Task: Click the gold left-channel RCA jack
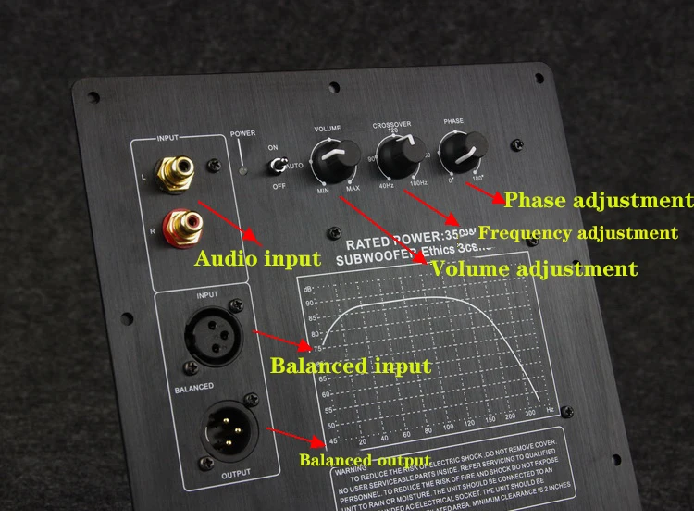click(178, 171)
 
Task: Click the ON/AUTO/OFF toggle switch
click(276, 166)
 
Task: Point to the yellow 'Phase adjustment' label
click(597, 200)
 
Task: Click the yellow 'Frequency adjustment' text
click(578, 233)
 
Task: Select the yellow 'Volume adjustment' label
click(534, 269)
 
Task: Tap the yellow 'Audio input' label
click(257, 258)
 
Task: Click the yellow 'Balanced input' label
click(350, 366)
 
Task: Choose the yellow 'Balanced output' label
click(364, 460)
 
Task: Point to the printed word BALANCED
click(194, 387)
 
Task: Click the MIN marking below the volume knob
click(323, 190)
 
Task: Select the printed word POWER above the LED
click(243, 133)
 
